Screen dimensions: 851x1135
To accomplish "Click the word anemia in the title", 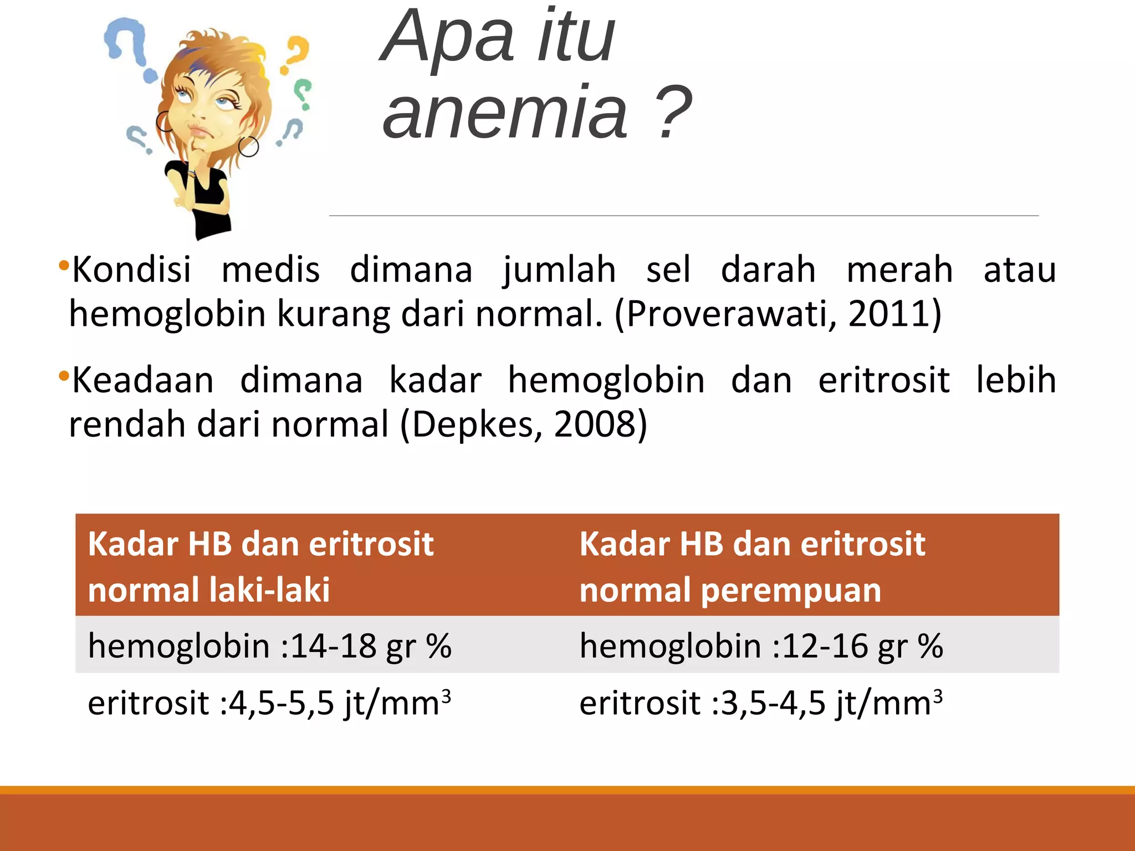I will (505, 112).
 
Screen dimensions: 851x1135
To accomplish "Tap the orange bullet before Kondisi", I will (63, 264).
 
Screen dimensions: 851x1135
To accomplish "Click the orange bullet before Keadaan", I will (63, 376).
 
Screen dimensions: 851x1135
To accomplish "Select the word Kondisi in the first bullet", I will (132, 270).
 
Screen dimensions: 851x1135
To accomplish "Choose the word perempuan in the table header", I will (790, 589).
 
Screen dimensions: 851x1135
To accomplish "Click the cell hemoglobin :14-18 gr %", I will (269, 646).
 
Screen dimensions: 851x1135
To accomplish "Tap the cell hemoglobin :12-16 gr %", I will (761, 646).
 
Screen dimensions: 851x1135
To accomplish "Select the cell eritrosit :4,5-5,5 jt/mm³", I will (269, 703).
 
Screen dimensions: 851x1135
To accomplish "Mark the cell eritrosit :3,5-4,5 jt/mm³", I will (761, 703).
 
